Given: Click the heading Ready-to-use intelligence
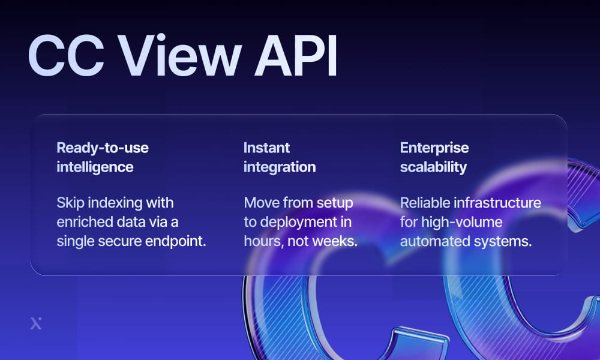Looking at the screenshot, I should (x=102, y=157).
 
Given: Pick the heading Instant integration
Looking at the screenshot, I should (x=279, y=157).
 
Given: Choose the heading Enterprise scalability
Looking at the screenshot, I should (x=434, y=157).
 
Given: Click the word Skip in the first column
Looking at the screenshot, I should (x=70, y=203).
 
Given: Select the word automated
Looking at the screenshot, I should (x=431, y=241).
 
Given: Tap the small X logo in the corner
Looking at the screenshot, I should (x=36, y=323).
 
